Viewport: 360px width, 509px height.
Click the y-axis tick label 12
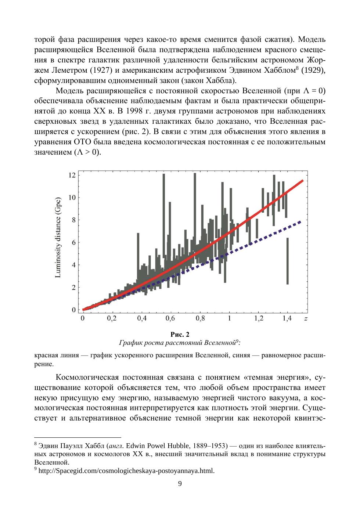(x=72, y=175)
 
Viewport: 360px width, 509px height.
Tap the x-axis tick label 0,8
(x=200, y=318)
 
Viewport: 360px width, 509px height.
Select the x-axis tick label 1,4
(x=287, y=318)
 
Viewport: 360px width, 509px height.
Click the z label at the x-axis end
(x=306, y=319)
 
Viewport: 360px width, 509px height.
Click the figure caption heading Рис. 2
(x=180, y=335)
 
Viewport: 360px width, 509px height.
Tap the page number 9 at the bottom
(x=180, y=484)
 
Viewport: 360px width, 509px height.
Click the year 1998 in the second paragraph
(x=136, y=111)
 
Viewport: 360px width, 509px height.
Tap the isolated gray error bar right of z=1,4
(x=288, y=261)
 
